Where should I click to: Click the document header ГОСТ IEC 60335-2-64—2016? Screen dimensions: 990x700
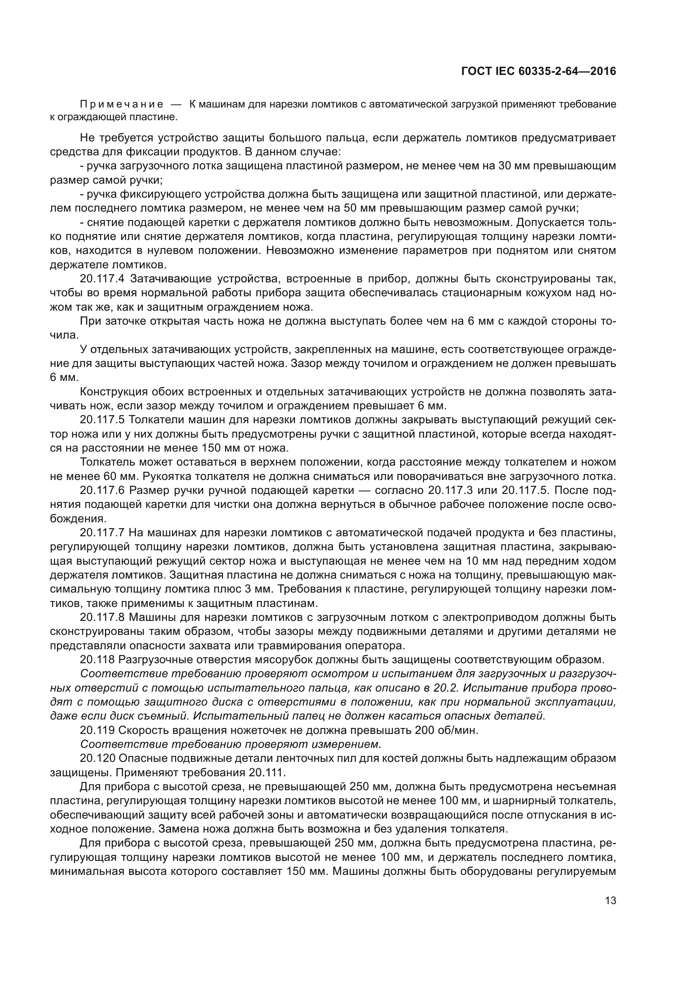538,72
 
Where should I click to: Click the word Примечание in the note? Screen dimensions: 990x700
122,105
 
